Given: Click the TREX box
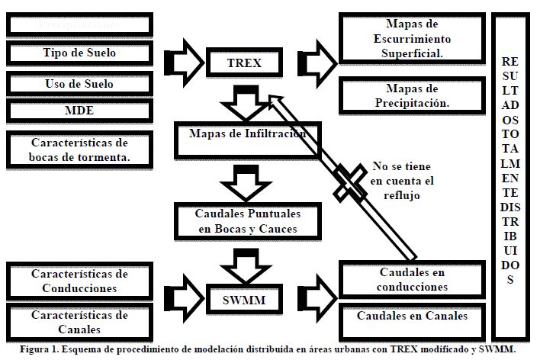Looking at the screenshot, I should tap(244, 63).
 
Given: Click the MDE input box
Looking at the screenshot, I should tap(79, 111).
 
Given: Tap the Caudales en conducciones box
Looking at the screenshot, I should tap(412, 280).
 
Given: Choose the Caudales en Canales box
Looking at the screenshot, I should tap(412, 316).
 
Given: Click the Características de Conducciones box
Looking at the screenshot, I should tap(79, 281).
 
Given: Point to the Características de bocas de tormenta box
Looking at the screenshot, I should tap(79, 149).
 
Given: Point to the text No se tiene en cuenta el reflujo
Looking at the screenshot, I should tap(403, 182).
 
